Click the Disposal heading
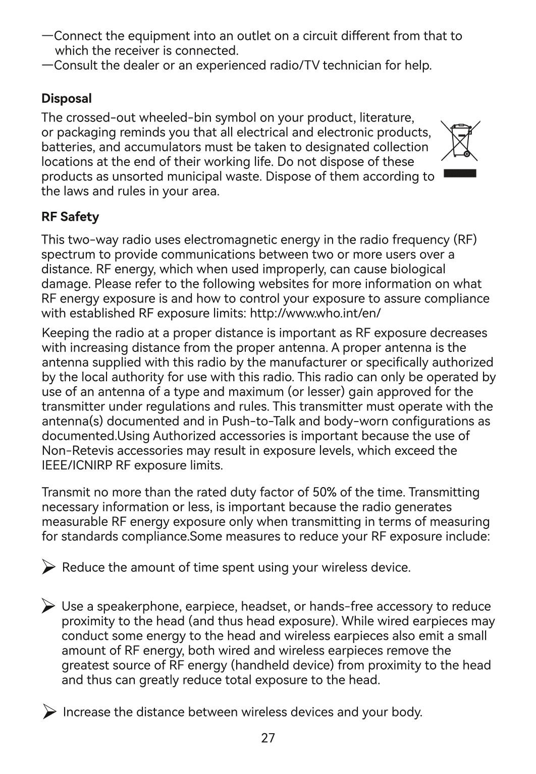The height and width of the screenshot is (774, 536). pyautogui.click(x=67, y=98)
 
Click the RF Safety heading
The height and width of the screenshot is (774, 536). pyautogui.click(x=70, y=217)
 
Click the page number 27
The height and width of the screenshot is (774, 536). pyautogui.click(x=268, y=738)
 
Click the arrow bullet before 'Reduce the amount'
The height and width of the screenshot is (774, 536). pyautogui.click(x=48, y=568)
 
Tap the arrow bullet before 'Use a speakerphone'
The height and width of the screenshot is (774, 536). pyautogui.click(x=48, y=606)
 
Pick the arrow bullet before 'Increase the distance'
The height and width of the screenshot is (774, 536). pyautogui.click(x=49, y=712)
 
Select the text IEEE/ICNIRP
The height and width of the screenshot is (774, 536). pyautogui.click(x=77, y=465)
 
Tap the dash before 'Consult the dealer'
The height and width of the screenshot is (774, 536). pyautogui.click(x=47, y=66)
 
